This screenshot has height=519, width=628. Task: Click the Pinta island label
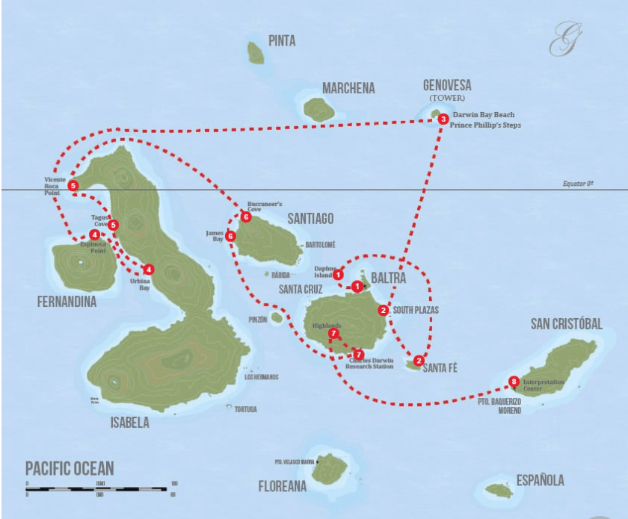(282, 41)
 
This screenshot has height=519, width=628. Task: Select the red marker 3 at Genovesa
(443, 119)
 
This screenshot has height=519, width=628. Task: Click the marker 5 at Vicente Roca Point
(73, 185)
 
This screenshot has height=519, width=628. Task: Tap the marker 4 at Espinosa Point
(94, 235)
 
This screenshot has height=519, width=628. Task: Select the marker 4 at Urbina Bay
(149, 269)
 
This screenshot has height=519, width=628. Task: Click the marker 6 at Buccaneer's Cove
(246, 217)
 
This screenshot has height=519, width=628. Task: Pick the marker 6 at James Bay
(230, 236)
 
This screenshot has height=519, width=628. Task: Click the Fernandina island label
(65, 302)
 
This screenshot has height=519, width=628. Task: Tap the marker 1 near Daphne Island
(339, 275)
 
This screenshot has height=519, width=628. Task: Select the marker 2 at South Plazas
(383, 310)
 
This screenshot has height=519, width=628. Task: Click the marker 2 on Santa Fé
(418, 358)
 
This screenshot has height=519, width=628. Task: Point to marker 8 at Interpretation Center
(513, 382)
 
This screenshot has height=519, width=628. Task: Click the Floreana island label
(283, 486)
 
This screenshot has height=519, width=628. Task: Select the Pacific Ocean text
(70, 469)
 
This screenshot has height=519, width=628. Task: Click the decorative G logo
(561, 40)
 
